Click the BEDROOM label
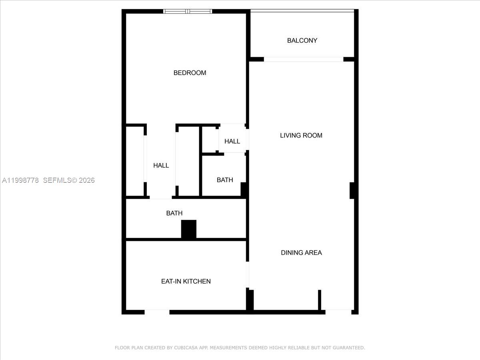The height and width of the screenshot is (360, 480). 190,73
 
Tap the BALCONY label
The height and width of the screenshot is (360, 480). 302,40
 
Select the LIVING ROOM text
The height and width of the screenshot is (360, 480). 301,135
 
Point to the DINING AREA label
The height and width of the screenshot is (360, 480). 301,252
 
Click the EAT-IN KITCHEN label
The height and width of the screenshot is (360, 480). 186,281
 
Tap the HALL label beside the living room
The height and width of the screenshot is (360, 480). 232,141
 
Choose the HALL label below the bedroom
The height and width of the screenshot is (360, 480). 161,165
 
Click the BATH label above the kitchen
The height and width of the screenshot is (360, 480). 174,213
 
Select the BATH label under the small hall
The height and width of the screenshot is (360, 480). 225,180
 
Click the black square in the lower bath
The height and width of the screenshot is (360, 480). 189,229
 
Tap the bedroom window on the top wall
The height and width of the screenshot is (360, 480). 188,11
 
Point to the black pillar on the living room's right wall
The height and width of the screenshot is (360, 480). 352,190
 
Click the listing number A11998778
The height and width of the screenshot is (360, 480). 20,180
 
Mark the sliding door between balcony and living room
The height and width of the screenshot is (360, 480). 304,60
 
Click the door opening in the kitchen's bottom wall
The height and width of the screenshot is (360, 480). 157,312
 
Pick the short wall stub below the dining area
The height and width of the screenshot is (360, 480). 320,300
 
